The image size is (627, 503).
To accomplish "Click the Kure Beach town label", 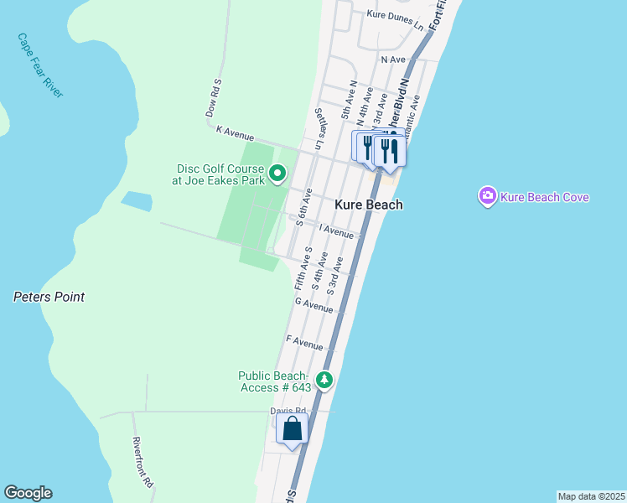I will click(x=369, y=205).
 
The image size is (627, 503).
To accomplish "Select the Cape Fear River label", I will click(x=40, y=65).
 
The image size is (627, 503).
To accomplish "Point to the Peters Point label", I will click(x=49, y=297).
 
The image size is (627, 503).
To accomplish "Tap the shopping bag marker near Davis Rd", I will click(x=293, y=428).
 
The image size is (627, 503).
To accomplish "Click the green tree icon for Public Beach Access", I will click(x=324, y=381).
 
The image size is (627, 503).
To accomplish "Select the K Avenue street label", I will click(x=235, y=132).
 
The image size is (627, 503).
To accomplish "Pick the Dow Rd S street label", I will click(x=213, y=99).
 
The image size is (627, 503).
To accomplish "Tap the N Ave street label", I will click(x=392, y=60).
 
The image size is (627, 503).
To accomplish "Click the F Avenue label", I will click(x=304, y=343).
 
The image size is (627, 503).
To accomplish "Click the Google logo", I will click(x=28, y=493).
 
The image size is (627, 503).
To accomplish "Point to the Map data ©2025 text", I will click(x=591, y=496).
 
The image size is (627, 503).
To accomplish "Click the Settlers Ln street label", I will click(x=318, y=129).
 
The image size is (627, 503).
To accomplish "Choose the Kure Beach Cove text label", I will click(x=545, y=197).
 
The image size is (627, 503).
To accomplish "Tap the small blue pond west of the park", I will click(x=136, y=201).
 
